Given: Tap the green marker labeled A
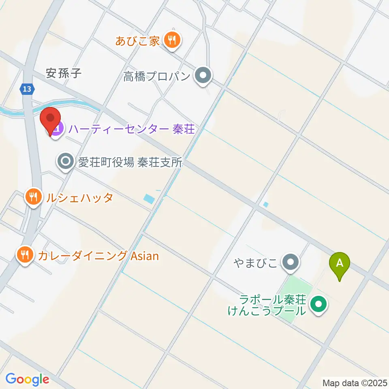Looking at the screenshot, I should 340,264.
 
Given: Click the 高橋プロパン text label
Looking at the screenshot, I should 157,76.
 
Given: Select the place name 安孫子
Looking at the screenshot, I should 64,73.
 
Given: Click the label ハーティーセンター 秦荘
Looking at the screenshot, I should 132,129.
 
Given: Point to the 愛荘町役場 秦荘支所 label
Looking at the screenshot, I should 130,162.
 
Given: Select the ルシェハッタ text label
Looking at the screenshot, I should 79,198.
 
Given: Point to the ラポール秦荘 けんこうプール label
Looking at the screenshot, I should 272,305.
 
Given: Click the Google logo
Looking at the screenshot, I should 27,379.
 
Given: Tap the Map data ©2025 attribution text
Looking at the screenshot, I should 355,382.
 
